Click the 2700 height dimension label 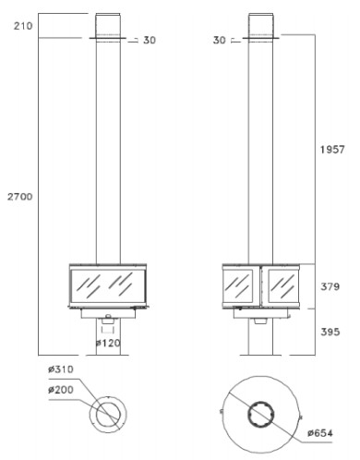(x=20, y=197)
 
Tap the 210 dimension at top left (x=23, y=26)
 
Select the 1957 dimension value (x=332, y=150)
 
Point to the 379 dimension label (x=330, y=286)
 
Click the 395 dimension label (x=330, y=332)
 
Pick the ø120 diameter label (x=108, y=343)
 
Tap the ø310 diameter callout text (x=61, y=369)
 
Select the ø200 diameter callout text (x=61, y=390)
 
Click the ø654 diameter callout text (x=320, y=433)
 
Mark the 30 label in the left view (x=150, y=40)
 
